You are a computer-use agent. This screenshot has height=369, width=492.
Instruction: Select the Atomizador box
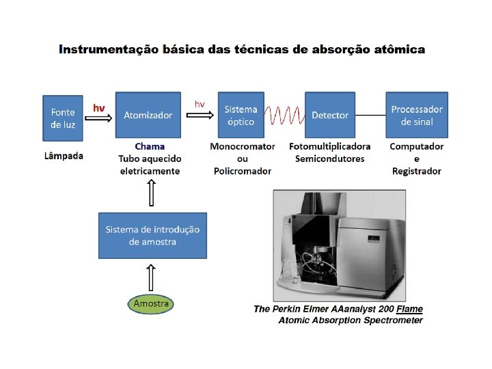(x=148, y=116)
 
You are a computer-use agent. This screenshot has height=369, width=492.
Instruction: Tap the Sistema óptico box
(x=240, y=116)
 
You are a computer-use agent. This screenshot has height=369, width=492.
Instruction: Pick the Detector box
(x=330, y=116)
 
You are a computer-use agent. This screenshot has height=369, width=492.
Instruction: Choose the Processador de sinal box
(x=417, y=115)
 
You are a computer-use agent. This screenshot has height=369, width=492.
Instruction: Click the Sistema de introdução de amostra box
(x=152, y=235)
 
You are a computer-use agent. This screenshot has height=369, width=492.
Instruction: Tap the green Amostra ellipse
(x=151, y=303)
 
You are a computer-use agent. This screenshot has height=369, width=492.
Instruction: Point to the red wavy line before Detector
(x=283, y=116)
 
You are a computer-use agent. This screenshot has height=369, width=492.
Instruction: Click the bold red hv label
(x=99, y=107)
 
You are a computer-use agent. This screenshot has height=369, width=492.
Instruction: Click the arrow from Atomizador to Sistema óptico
(x=200, y=115)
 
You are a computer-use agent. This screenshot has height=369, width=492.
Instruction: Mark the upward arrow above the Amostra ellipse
(x=152, y=277)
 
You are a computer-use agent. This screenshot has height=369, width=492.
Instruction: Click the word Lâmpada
(x=64, y=156)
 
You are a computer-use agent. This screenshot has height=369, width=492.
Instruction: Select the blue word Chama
(x=150, y=146)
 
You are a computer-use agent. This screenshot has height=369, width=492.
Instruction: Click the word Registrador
(x=417, y=171)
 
